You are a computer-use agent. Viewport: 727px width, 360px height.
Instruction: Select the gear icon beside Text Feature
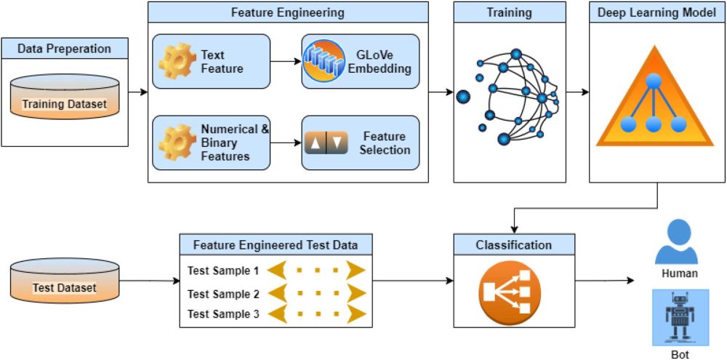tap(174, 61)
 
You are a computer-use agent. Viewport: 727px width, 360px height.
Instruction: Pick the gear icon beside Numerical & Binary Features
tap(174, 143)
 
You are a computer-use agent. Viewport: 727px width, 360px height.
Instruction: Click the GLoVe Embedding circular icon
tap(323, 61)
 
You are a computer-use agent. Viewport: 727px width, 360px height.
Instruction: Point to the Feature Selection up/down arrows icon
tap(327, 143)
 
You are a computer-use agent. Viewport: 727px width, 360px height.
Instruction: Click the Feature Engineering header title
tap(288, 12)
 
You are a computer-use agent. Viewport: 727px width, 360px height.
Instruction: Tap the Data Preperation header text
tap(65, 49)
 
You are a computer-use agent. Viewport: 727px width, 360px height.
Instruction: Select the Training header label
tap(509, 12)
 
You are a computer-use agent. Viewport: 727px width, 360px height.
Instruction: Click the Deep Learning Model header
tap(656, 12)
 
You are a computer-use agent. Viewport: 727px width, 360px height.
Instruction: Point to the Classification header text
tap(514, 245)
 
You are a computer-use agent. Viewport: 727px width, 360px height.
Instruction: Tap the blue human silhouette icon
tap(676, 243)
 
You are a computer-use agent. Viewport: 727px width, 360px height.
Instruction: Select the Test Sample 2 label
tap(223, 294)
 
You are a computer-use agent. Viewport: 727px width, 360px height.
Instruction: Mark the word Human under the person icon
tap(680, 274)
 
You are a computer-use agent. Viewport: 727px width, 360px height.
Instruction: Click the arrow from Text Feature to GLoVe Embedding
tap(286, 62)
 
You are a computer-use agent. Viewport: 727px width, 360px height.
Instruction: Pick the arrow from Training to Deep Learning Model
tap(577, 92)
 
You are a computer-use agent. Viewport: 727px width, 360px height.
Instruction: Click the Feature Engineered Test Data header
tap(275, 245)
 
